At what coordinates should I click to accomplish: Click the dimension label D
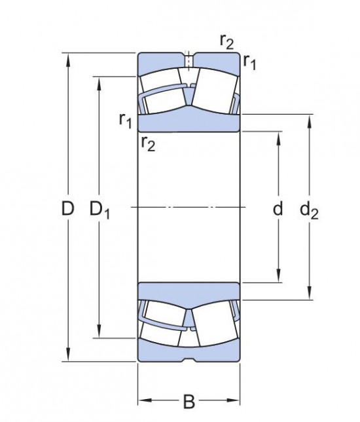[x=67, y=209]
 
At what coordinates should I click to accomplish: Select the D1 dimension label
[x=99, y=210]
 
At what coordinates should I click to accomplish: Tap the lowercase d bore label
[x=278, y=209]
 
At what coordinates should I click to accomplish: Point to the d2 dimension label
[x=309, y=210]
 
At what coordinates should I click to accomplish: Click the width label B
[x=189, y=401]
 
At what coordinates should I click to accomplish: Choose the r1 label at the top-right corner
[x=249, y=62]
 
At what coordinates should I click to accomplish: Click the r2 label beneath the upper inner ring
[x=148, y=142]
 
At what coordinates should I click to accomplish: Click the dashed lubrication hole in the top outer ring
[x=189, y=60]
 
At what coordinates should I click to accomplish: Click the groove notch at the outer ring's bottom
[x=189, y=359]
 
